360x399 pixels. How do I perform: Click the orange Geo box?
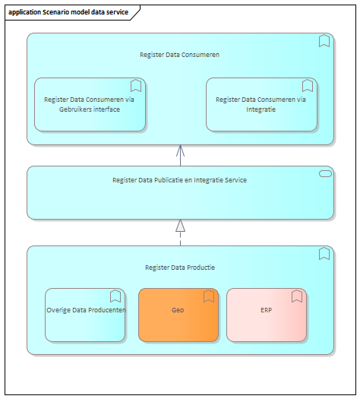[x=178, y=315]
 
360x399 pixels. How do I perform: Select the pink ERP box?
[x=267, y=315]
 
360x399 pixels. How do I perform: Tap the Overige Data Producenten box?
[x=85, y=315]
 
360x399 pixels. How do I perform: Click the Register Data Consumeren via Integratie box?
[x=261, y=105]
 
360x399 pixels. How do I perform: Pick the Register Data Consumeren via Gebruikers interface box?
[x=90, y=105]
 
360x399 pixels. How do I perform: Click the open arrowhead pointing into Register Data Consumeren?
[x=180, y=150]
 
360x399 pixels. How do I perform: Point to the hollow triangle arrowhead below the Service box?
[x=180, y=226]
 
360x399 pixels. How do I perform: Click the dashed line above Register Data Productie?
[x=180, y=239]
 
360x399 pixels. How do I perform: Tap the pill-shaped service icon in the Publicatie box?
[x=325, y=173]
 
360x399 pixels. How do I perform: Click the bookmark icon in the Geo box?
[x=209, y=296]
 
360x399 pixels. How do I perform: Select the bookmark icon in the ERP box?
[x=297, y=296]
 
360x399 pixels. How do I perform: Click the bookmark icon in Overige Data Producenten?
[x=115, y=296]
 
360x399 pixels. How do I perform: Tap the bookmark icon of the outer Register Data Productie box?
[x=324, y=253]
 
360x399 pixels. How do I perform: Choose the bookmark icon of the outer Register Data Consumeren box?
[x=324, y=41]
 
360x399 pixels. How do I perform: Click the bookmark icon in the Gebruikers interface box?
[x=136, y=85]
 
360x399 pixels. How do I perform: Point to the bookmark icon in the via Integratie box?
[x=308, y=85]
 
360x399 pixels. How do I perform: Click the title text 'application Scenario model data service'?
[x=68, y=12]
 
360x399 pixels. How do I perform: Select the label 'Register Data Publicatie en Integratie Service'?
[x=179, y=180]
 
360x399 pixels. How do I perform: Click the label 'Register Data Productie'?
[x=180, y=268]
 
